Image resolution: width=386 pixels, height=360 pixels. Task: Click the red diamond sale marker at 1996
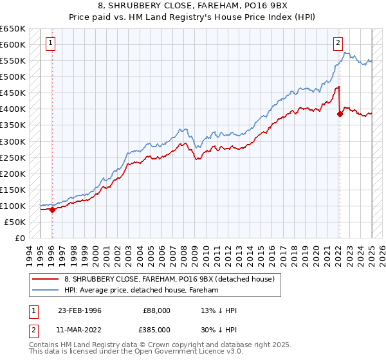click(52, 210)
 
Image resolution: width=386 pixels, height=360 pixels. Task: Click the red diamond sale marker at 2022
click(340, 114)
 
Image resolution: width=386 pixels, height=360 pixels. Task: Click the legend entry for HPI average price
click(142, 290)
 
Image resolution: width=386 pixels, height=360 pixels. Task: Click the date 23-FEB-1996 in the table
click(79, 310)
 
